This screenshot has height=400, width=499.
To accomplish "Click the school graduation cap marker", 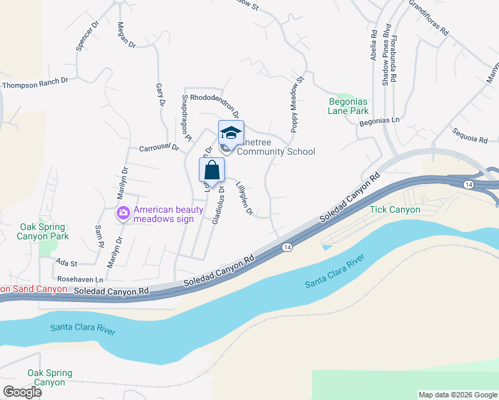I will [231, 133].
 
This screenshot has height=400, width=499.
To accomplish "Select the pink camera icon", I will [123, 214].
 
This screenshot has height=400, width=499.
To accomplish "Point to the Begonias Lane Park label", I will [348, 106].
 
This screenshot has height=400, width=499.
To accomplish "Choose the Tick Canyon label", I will [395, 209].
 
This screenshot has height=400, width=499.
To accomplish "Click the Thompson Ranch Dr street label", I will [35, 84].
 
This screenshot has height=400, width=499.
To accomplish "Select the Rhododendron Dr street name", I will [214, 97].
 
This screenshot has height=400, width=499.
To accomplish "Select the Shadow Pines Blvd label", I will [385, 61].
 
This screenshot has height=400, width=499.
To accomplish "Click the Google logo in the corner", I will [22, 392].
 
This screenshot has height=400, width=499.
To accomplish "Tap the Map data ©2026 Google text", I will [458, 395].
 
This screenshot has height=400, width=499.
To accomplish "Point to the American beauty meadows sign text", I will [168, 214].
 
